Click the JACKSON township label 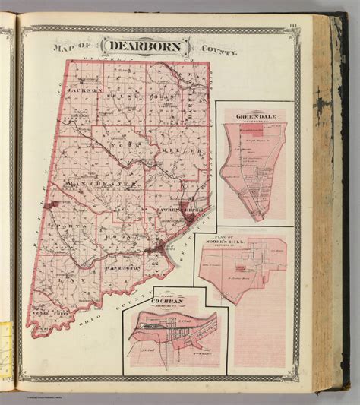[87, 90]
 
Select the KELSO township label [125, 97]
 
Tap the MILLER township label [186, 151]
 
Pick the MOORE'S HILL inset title [246, 235]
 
